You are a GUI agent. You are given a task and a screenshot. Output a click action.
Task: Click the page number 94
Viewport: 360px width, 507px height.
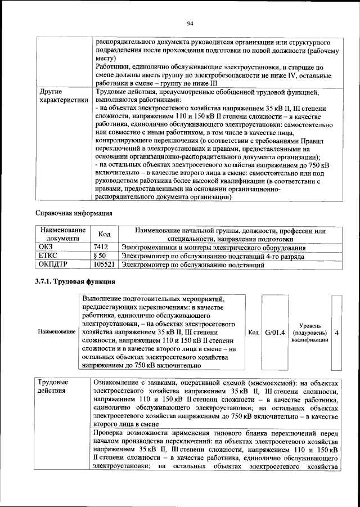tap(190, 23)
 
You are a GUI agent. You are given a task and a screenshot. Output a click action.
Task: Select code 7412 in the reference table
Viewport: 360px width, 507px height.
tap(101, 247)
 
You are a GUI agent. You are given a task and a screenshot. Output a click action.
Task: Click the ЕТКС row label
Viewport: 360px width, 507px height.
tap(48, 255)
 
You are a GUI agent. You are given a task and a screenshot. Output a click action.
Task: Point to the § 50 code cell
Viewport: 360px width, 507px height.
tap(100, 255)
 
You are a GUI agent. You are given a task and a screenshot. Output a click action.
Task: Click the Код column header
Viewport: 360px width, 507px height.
tap(105, 235)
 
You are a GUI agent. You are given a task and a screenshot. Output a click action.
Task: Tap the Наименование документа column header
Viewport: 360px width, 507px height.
tap(62, 235)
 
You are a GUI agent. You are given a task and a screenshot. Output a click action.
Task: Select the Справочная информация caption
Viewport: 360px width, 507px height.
tap(74, 213)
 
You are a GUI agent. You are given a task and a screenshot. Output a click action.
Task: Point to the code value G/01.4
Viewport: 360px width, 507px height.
tap(276, 332)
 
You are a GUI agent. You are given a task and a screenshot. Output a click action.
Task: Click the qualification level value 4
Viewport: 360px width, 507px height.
tap(336, 332)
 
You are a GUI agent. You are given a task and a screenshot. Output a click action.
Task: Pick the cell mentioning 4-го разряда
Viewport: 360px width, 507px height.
tap(214, 255)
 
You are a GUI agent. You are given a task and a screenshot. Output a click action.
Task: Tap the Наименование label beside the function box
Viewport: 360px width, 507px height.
tap(57, 332)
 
